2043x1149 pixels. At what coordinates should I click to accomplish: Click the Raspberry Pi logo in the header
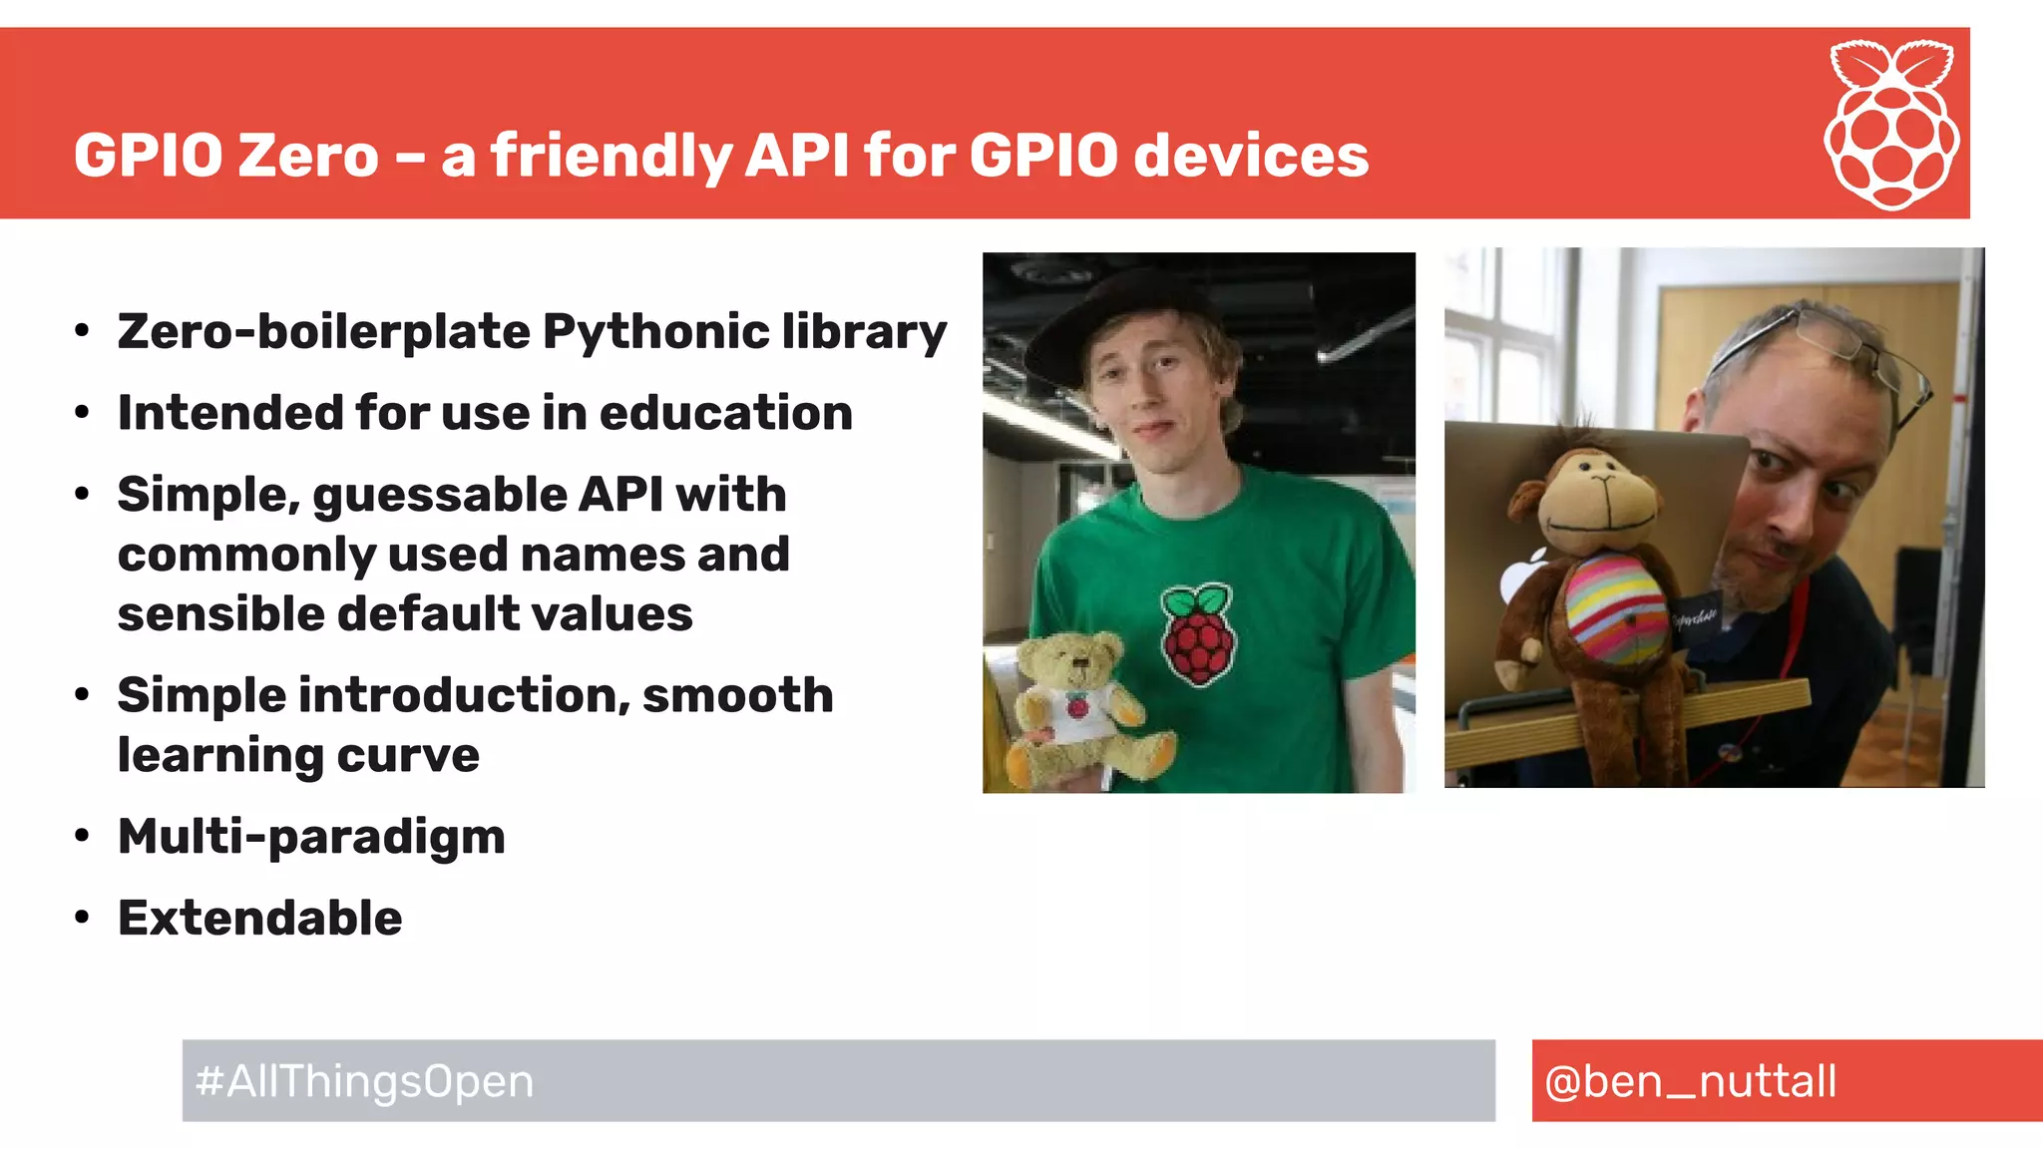coord(1891,125)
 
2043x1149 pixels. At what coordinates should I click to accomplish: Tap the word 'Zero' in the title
coord(308,156)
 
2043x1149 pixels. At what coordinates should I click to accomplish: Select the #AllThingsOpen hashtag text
coord(365,1081)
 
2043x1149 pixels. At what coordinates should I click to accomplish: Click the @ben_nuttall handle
coord(1690,1081)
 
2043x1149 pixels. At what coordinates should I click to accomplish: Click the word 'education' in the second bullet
coord(725,413)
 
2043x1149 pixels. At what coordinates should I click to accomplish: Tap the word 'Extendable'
coord(259,918)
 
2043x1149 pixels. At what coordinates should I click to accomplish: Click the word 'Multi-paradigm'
coord(311,836)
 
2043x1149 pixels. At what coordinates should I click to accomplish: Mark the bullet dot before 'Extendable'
coord(82,918)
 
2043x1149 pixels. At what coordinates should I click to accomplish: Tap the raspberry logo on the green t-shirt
coord(1198,634)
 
